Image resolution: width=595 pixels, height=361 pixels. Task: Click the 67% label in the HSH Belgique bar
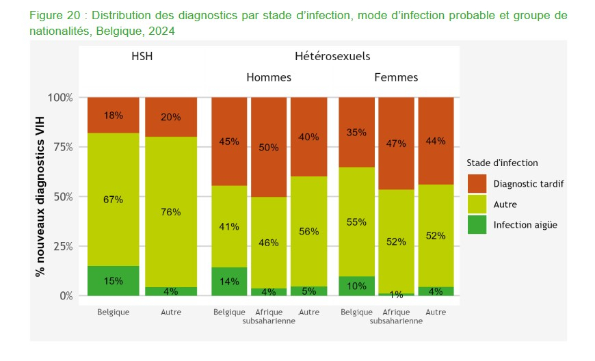(113, 200)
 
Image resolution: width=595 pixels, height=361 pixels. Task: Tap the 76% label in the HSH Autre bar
(171, 212)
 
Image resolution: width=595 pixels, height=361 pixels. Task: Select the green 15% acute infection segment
(113, 280)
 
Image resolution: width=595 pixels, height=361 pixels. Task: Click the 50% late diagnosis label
(269, 148)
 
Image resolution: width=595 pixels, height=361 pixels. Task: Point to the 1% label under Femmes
(397, 295)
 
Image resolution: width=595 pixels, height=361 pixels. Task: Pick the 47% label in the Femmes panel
(397, 144)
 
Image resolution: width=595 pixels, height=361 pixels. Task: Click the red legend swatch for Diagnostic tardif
(477, 183)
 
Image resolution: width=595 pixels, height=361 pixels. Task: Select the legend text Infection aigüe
(525, 224)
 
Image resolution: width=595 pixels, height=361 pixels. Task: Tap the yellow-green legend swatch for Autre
(477, 204)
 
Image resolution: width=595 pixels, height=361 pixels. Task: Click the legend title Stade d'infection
(502, 163)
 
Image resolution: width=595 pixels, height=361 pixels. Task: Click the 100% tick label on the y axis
(59, 97)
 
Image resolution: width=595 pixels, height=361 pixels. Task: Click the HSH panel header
(142, 57)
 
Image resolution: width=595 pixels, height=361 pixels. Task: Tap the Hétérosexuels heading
(332, 57)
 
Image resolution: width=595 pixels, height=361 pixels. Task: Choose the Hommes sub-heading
(268, 77)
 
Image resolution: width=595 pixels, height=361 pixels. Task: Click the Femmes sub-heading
(396, 77)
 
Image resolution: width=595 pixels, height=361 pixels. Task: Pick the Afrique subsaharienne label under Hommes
(269, 317)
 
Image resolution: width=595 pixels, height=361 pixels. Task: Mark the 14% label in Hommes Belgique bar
(229, 281)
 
